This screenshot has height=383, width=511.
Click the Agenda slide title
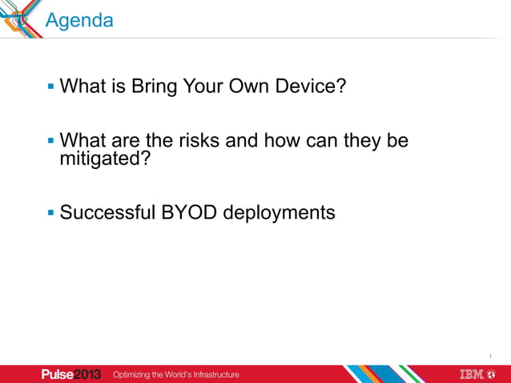click(79, 20)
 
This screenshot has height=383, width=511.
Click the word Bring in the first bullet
click(158, 85)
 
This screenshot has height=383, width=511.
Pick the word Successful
click(107, 213)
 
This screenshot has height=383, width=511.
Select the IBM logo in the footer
click(477, 374)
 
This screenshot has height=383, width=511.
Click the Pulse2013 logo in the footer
click(71, 374)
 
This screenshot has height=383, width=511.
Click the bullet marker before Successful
click(51, 213)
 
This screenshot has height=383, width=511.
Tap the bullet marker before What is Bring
click(51, 85)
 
